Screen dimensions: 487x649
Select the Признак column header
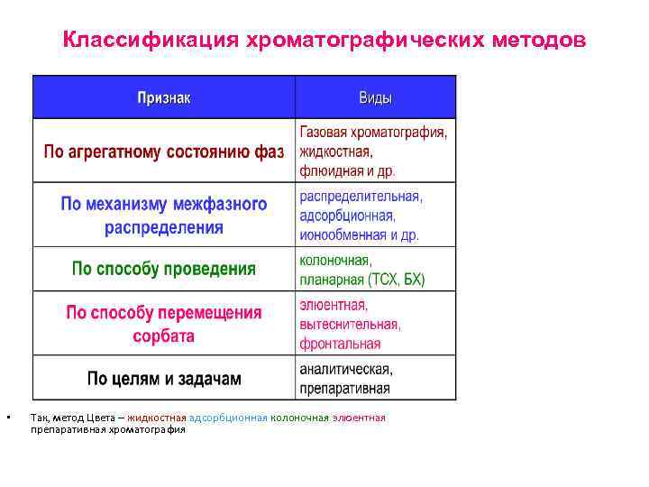[x=163, y=97]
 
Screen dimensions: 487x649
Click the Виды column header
[x=375, y=97]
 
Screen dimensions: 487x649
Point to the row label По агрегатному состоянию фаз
[x=163, y=152]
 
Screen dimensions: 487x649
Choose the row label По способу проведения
[x=163, y=269]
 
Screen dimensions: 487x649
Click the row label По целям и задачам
[x=163, y=378]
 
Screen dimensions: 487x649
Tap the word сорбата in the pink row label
[x=163, y=335]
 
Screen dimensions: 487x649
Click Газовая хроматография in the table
[x=373, y=133]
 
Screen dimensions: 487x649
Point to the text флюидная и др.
[x=347, y=170]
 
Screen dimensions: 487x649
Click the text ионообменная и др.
[x=360, y=234]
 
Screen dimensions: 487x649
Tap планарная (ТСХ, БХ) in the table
[x=361, y=279]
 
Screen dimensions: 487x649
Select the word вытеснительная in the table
[x=350, y=324]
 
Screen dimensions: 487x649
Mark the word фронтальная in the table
[x=340, y=344]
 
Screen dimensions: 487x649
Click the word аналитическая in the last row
[x=345, y=370]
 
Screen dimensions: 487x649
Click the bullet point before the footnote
[x=7, y=418]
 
